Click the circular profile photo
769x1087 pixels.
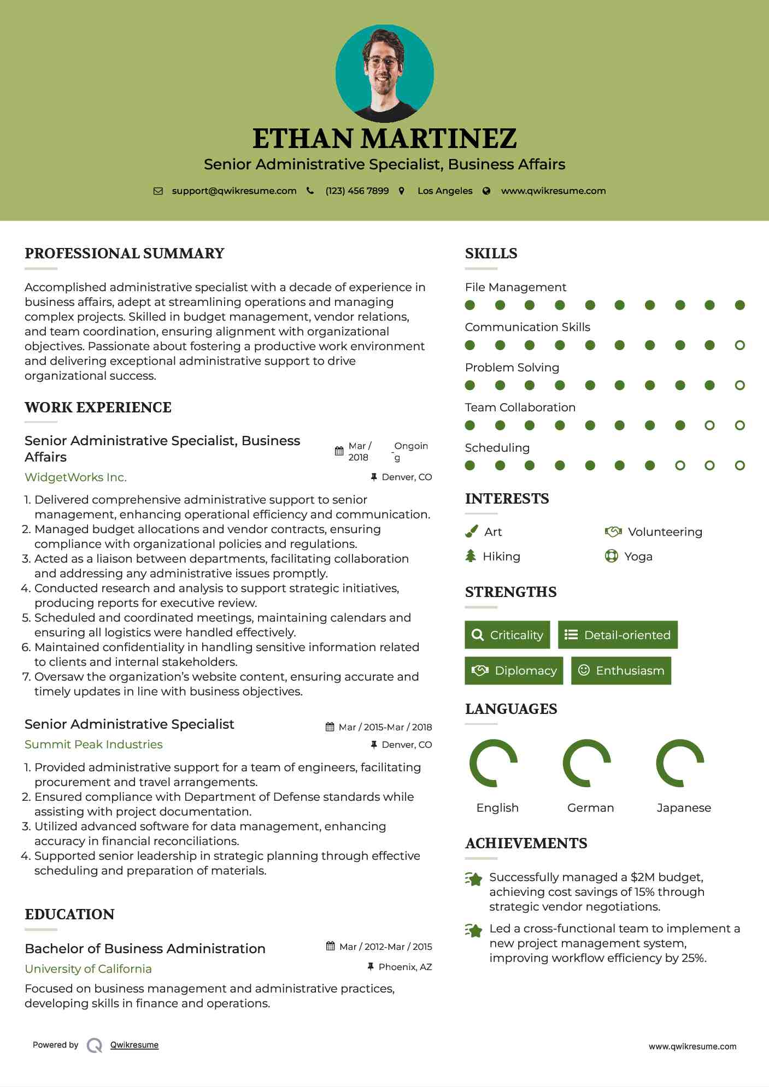tap(384, 73)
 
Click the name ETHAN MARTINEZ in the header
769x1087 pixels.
tap(384, 139)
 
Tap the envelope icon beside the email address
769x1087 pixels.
tap(158, 191)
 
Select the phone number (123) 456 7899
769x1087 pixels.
tap(357, 191)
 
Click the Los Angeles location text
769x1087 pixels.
tap(444, 191)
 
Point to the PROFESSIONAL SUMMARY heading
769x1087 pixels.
tap(125, 253)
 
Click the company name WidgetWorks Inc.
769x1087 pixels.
tap(75, 477)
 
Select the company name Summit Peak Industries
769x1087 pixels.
tap(93, 745)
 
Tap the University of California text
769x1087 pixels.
tap(88, 969)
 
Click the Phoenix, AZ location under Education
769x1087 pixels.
tap(405, 967)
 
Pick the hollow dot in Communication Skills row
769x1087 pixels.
tap(739, 345)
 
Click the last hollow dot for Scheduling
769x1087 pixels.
tap(739, 465)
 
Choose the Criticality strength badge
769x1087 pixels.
tap(507, 635)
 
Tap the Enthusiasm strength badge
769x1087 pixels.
tap(621, 671)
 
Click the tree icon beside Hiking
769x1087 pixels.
tap(471, 556)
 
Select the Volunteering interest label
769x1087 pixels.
tap(665, 532)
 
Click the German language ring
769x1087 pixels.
tap(587, 763)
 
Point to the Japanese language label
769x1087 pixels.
tap(683, 808)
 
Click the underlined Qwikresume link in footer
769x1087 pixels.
tap(134, 1045)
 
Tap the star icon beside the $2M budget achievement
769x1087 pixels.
tap(473, 879)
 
